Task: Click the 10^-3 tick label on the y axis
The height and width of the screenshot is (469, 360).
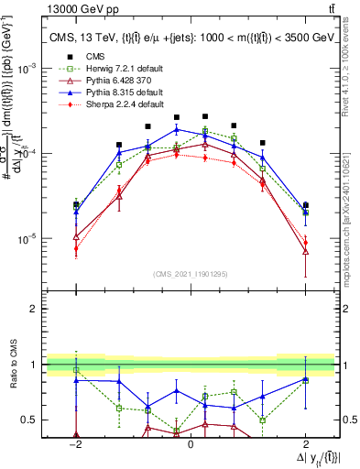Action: (29, 69)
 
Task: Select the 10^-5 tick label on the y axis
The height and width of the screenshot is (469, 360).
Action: (29, 239)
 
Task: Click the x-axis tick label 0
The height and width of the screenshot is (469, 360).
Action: (190, 442)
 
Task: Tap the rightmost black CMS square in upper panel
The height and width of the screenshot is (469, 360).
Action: (305, 205)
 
